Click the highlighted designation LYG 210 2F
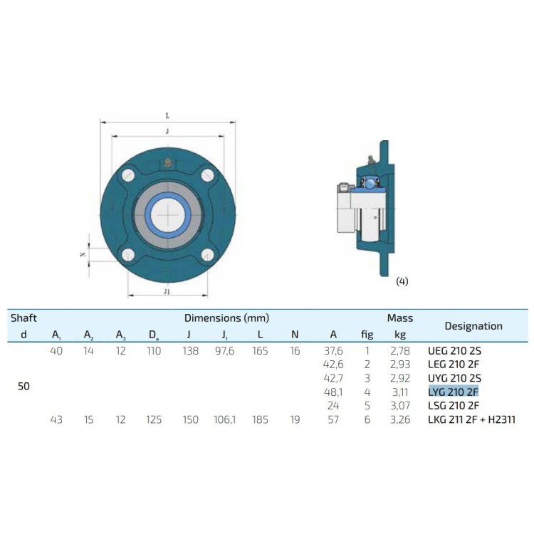[454, 392]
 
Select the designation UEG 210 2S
[454, 350]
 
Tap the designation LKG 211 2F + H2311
[471, 419]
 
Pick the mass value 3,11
[400, 392]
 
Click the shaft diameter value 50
[23, 386]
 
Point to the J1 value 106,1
[224, 419]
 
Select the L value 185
[260, 419]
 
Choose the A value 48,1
[333, 392]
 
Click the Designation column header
[473, 326]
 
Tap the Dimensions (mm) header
[226, 318]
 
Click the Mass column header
[400, 318]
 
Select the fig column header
[367, 335]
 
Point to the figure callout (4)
[402, 281]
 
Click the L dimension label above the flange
[167, 116]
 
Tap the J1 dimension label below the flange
[167, 291]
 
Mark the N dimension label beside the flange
[83, 254]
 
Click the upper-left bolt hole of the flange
[129, 175]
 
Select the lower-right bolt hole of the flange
[207, 254]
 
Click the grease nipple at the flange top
[167, 163]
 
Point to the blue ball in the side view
[370, 183]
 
